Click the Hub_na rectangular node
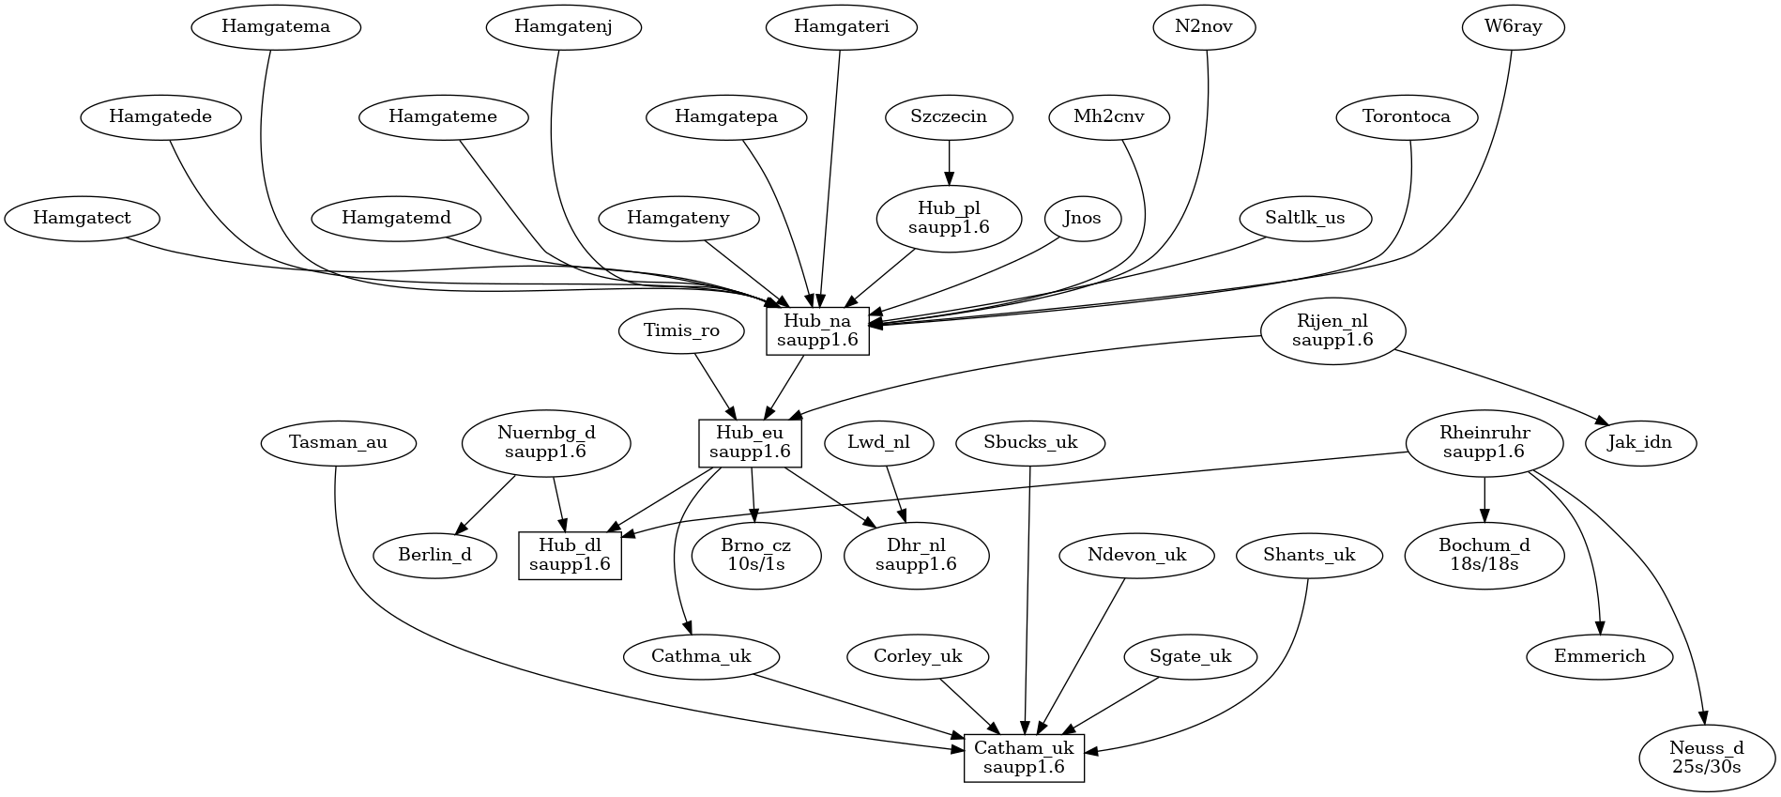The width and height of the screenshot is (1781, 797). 817,330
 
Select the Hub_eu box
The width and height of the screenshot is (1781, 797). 750,442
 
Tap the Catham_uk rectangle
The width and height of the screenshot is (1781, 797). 1024,758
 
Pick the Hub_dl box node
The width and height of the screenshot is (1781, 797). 570,555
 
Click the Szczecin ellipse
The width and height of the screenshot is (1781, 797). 949,117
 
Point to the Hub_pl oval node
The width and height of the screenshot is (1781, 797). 949,218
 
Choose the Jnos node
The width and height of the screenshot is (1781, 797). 1082,218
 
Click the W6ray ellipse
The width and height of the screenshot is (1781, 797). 1513,27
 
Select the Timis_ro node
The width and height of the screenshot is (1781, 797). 681,330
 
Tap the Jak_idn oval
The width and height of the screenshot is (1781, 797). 1639,442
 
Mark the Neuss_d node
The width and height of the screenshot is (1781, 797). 1706,757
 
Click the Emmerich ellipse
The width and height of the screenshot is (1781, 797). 1599,656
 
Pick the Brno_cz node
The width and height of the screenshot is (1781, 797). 755,555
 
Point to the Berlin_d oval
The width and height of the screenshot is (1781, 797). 434,555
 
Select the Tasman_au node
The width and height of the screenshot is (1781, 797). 338,442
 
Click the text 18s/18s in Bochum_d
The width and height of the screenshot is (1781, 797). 1484,564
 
